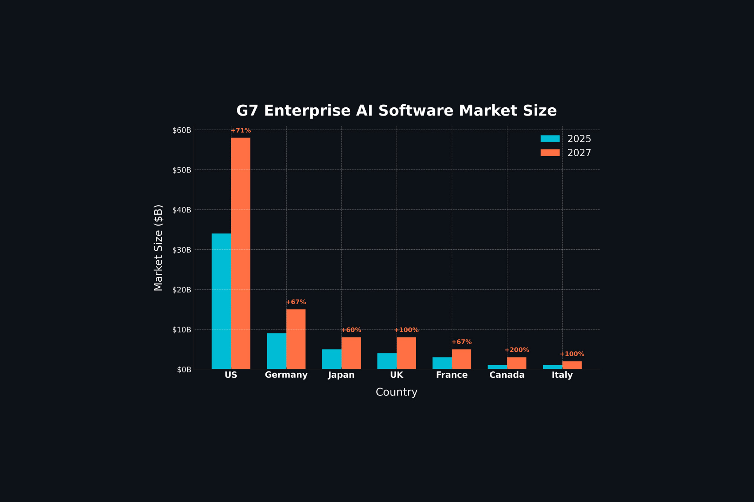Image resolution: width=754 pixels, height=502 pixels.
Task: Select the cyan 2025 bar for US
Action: click(x=221, y=301)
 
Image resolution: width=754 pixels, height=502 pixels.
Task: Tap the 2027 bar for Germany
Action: click(x=296, y=339)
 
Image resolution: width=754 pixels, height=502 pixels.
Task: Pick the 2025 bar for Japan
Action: click(x=332, y=359)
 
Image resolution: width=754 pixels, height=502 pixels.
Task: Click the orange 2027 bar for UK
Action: click(x=406, y=353)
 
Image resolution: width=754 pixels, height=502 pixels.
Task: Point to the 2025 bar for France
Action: click(x=442, y=363)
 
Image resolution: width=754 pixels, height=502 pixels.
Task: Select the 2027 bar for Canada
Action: click(x=516, y=363)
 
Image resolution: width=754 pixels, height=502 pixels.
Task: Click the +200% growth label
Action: click(x=516, y=350)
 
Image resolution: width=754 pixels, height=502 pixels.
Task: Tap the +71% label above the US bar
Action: click(x=241, y=130)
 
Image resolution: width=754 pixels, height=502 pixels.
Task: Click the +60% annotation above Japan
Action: click(x=351, y=330)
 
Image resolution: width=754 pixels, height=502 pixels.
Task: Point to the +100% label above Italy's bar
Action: click(x=572, y=354)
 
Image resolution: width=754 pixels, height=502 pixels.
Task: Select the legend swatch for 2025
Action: click(x=550, y=139)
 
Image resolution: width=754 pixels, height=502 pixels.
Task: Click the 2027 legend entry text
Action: click(x=579, y=153)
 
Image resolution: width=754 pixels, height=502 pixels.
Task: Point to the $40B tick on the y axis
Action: click(x=182, y=210)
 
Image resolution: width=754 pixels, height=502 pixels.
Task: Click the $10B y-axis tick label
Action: click(x=182, y=330)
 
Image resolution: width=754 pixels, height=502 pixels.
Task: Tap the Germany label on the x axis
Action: click(x=286, y=375)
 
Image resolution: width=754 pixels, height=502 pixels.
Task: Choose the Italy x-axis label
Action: click(x=562, y=375)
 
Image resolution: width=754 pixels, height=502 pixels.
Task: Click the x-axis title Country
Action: click(x=397, y=392)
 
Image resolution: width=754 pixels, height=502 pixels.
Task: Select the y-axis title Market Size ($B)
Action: click(x=159, y=248)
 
